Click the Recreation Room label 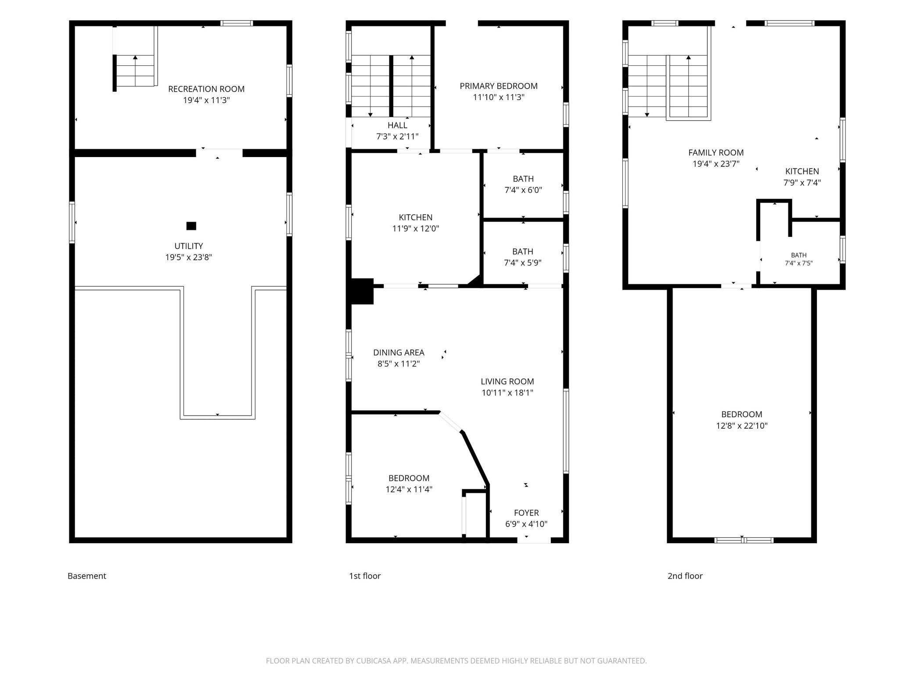(x=206, y=89)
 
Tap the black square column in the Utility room (x=191, y=226)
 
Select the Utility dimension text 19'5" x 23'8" (x=189, y=258)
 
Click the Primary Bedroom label (x=499, y=86)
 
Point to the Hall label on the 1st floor (x=397, y=125)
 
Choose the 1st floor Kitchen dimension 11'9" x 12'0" (x=416, y=229)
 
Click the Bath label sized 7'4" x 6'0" (x=523, y=179)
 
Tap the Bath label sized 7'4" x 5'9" (x=523, y=252)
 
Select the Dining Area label (x=399, y=352)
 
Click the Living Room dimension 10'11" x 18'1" (x=507, y=393)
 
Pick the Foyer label (x=526, y=513)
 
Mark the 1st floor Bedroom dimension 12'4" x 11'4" (x=409, y=489)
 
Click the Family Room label (x=716, y=153)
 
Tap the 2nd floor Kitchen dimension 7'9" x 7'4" (x=802, y=183)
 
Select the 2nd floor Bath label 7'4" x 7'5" (x=799, y=255)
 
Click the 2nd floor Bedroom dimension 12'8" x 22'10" (x=742, y=426)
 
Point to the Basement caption (x=87, y=576)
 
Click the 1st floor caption (x=365, y=576)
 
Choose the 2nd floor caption (x=685, y=576)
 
